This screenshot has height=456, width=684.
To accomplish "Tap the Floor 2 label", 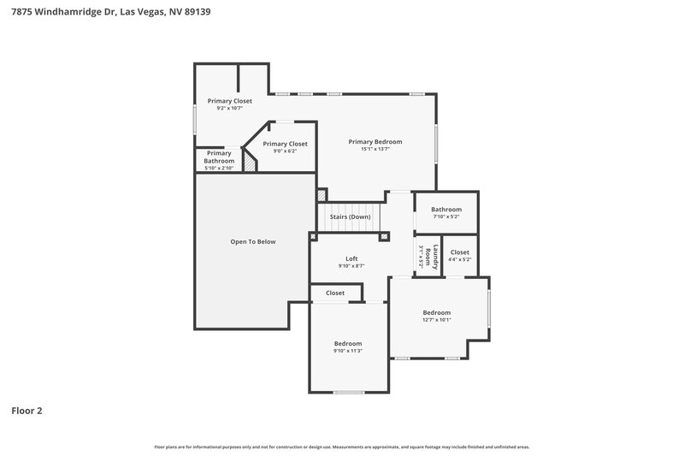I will [x=27, y=411].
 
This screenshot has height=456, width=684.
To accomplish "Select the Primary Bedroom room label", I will [x=374, y=141].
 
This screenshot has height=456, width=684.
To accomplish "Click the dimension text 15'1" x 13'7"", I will [x=374, y=149].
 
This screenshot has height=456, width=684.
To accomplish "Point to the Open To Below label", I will [x=253, y=241].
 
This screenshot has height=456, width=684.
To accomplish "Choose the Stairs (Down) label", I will [x=350, y=216].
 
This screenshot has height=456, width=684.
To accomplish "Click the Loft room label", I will [x=351, y=258].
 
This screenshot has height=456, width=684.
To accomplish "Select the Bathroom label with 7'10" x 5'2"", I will [x=445, y=209].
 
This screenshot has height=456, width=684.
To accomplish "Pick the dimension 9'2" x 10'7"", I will [x=230, y=108].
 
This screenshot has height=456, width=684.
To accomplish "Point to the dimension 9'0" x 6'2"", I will [x=285, y=151].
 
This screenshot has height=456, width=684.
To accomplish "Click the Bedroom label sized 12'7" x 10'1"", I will [x=436, y=312].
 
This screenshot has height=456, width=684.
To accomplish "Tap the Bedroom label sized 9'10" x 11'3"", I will [x=348, y=343].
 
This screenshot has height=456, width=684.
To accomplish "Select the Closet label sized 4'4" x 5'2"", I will [x=459, y=252].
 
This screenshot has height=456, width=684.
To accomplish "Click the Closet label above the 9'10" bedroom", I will [x=334, y=293].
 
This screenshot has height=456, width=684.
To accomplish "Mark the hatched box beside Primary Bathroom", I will [x=250, y=160].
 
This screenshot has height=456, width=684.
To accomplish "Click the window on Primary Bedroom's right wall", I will [x=436, y=143].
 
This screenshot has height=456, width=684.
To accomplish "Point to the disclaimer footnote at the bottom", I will [x=342, y=447].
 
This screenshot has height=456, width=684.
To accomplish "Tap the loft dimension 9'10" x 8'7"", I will [x=351, y=266].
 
